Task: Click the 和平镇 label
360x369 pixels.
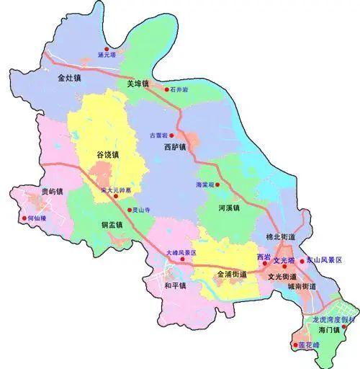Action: click(x=174, y=285)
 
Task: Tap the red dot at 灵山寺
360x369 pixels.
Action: click(x=130, y=210)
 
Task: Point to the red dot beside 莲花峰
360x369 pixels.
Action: click(x=294, y=345)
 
